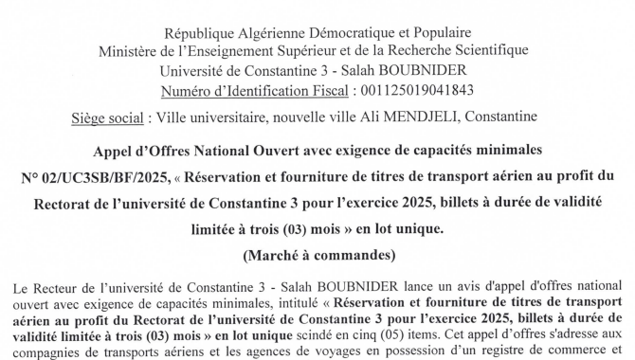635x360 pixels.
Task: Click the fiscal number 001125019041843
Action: pyautogui.click(x=412, y=90)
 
